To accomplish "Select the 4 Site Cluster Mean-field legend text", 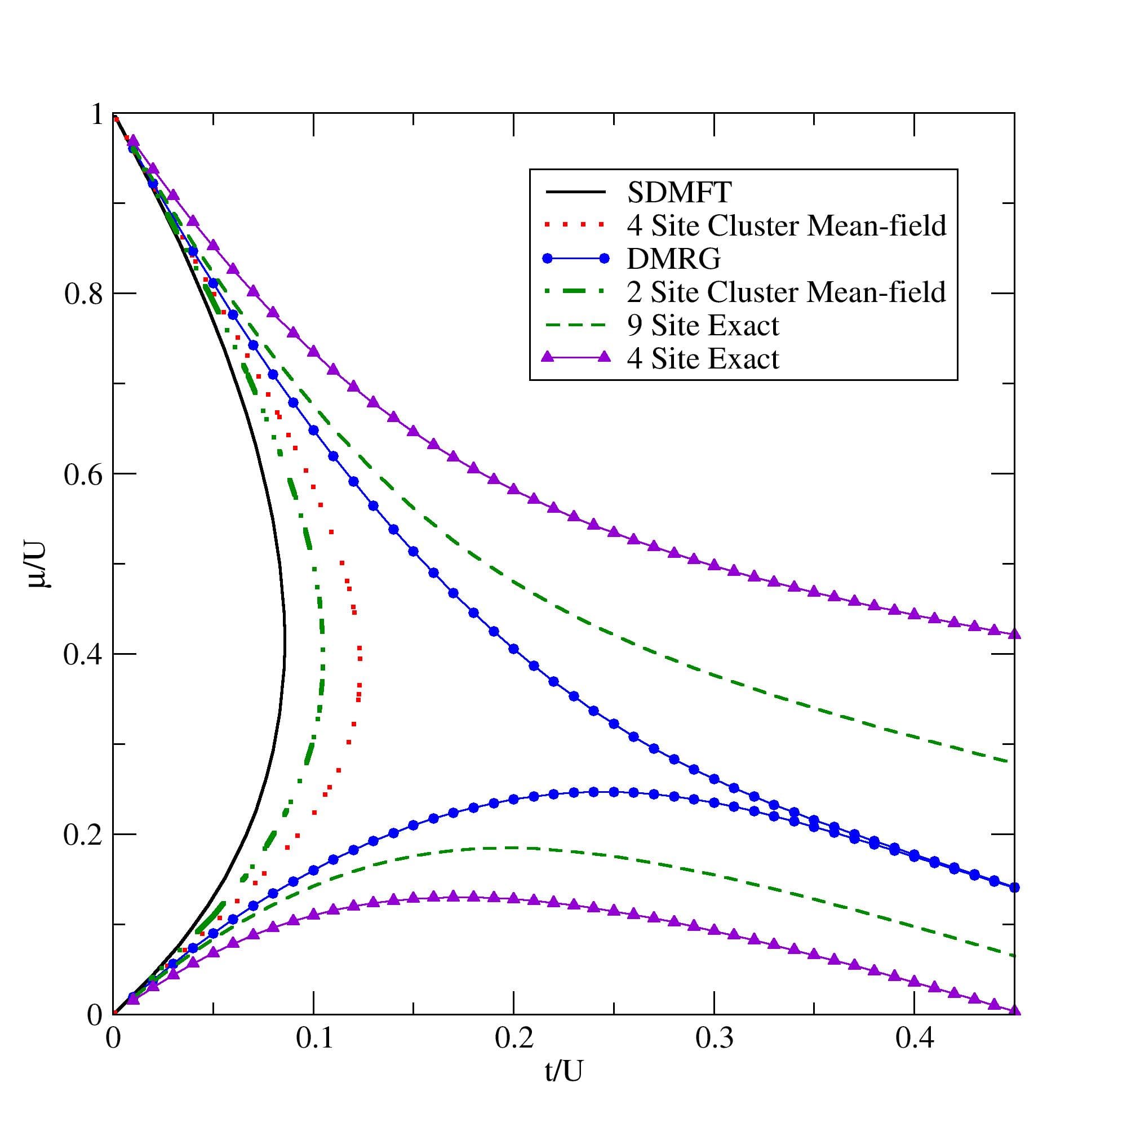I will tap(786, 226).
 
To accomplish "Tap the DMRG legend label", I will tap(674, 259).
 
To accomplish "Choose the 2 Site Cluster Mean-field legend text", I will tap(786, 292).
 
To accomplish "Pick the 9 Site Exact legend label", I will tap(703, 325).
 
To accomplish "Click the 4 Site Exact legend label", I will tap(703, 358).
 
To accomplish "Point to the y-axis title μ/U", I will tap(39, 564).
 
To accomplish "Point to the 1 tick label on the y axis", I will tap(95, 115).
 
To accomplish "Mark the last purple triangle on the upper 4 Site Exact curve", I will tap(1014, 634).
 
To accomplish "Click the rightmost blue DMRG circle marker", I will tap(1014, 888).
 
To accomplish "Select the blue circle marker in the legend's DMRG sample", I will tap(604, 259).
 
